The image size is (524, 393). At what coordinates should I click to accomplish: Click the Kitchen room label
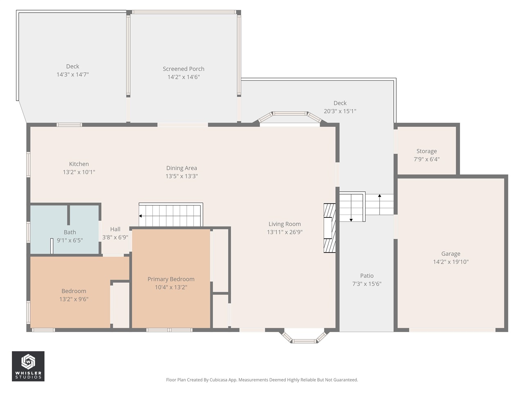(79, 164)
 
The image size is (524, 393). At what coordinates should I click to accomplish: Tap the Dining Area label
(181, 168)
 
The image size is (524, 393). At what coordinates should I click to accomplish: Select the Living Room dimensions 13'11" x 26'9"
(285, 232)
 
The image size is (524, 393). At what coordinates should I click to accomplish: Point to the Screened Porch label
(183, 69)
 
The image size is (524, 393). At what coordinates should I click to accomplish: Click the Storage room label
(427, 151)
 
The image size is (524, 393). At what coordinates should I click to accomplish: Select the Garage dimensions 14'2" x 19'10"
(451, 262)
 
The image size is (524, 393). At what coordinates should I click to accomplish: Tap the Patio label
(367, 276)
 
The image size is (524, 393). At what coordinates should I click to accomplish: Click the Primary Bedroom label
(171, 279)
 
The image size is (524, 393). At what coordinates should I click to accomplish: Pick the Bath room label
(70, 232)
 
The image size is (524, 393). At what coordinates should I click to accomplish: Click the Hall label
(115, 229)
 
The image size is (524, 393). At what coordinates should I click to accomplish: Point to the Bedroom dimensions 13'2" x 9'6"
(74, 299)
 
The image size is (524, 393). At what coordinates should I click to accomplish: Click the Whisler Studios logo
(28, 366)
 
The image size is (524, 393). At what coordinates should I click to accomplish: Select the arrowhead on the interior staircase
(140, 216)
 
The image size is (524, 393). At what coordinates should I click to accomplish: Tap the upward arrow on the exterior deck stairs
(379, 196)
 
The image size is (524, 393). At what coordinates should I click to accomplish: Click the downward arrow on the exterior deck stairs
(351, 220)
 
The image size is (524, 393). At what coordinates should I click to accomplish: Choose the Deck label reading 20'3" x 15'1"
(340, 103)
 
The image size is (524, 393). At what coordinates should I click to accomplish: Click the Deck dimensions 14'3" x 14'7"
(72, 75)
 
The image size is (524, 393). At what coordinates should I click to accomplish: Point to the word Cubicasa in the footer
(219, 380)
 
